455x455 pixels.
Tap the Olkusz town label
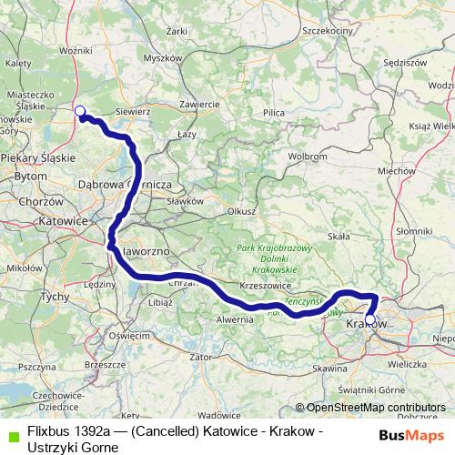[x=240, y=210]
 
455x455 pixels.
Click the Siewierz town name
[x=132, y=111]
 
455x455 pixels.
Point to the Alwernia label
[x=235, y=319]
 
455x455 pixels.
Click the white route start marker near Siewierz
[x=79, y=112]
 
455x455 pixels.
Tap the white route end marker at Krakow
[x=369, y=318]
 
